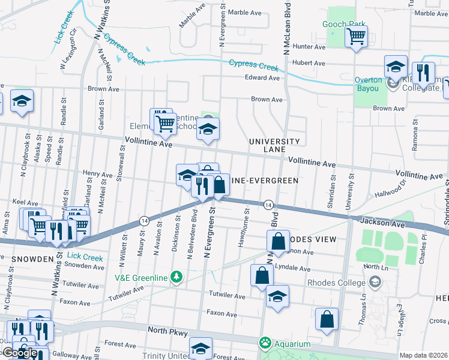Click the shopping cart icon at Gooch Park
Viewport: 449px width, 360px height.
click(356, 37)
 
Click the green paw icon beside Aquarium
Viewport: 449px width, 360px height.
click(264, 343)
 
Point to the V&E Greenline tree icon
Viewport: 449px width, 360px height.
click(176, 277)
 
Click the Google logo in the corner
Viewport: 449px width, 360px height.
click(19, 353)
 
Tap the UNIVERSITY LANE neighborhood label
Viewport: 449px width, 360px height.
click(274, 145)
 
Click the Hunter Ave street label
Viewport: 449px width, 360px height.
click(309, 46)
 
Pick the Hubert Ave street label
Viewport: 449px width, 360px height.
click(308, 62)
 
